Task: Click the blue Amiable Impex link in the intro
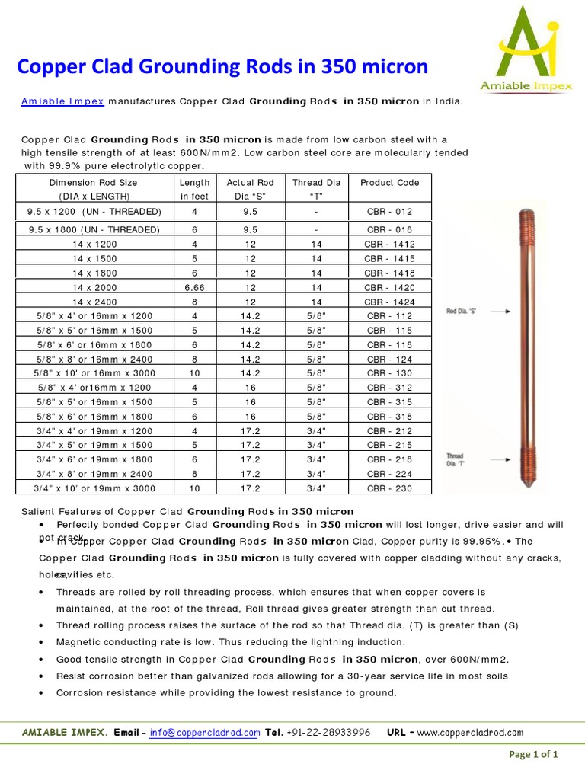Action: click(x=62, y=101)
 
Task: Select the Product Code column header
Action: click(x=389, y=183)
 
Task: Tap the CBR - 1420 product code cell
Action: click(x=389, y=287)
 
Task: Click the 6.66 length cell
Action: click(x=194, y=287)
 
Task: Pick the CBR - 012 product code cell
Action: click(x=389, y=212)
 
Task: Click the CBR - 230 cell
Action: click(x=389, y=487)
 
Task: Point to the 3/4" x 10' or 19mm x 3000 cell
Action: click(x=94, y=487)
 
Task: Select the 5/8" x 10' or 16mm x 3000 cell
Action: click(x=94, y=373)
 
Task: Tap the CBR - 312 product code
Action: click(x=389, y=388)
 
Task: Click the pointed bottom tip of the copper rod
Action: click(x=529, y=485)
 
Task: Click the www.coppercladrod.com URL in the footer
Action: click(x=470, y=733)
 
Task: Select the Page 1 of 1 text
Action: click(x=533, y=755)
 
